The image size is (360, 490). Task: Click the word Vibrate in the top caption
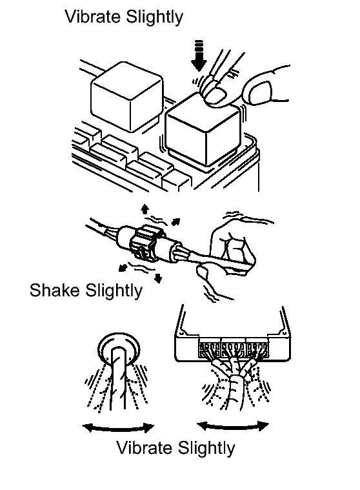[94, 16]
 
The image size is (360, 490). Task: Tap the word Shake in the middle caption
[55, 290]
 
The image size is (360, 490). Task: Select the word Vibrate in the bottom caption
[145, 447]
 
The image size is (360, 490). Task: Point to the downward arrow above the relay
[199, 56]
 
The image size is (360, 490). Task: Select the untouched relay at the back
[126, 97]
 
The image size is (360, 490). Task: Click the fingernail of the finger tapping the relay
[216, 96]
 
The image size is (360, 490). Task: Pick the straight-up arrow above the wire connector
[145, 209]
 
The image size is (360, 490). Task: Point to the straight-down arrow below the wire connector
[159, 278]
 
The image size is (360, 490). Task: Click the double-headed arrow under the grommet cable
[118, 429]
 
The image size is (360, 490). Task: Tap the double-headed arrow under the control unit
[233, 426]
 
